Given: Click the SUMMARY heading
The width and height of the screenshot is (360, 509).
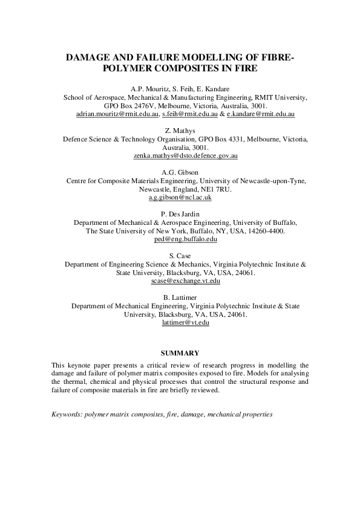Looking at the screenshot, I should [180, 352].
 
